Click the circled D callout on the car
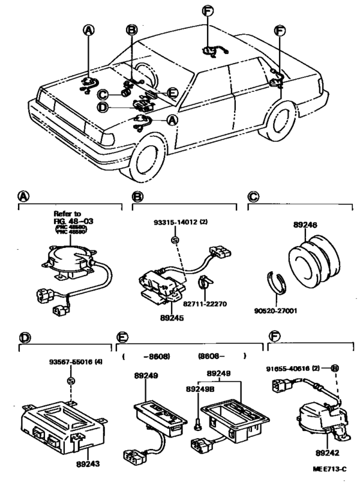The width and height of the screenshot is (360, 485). click(x=102, y=107)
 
